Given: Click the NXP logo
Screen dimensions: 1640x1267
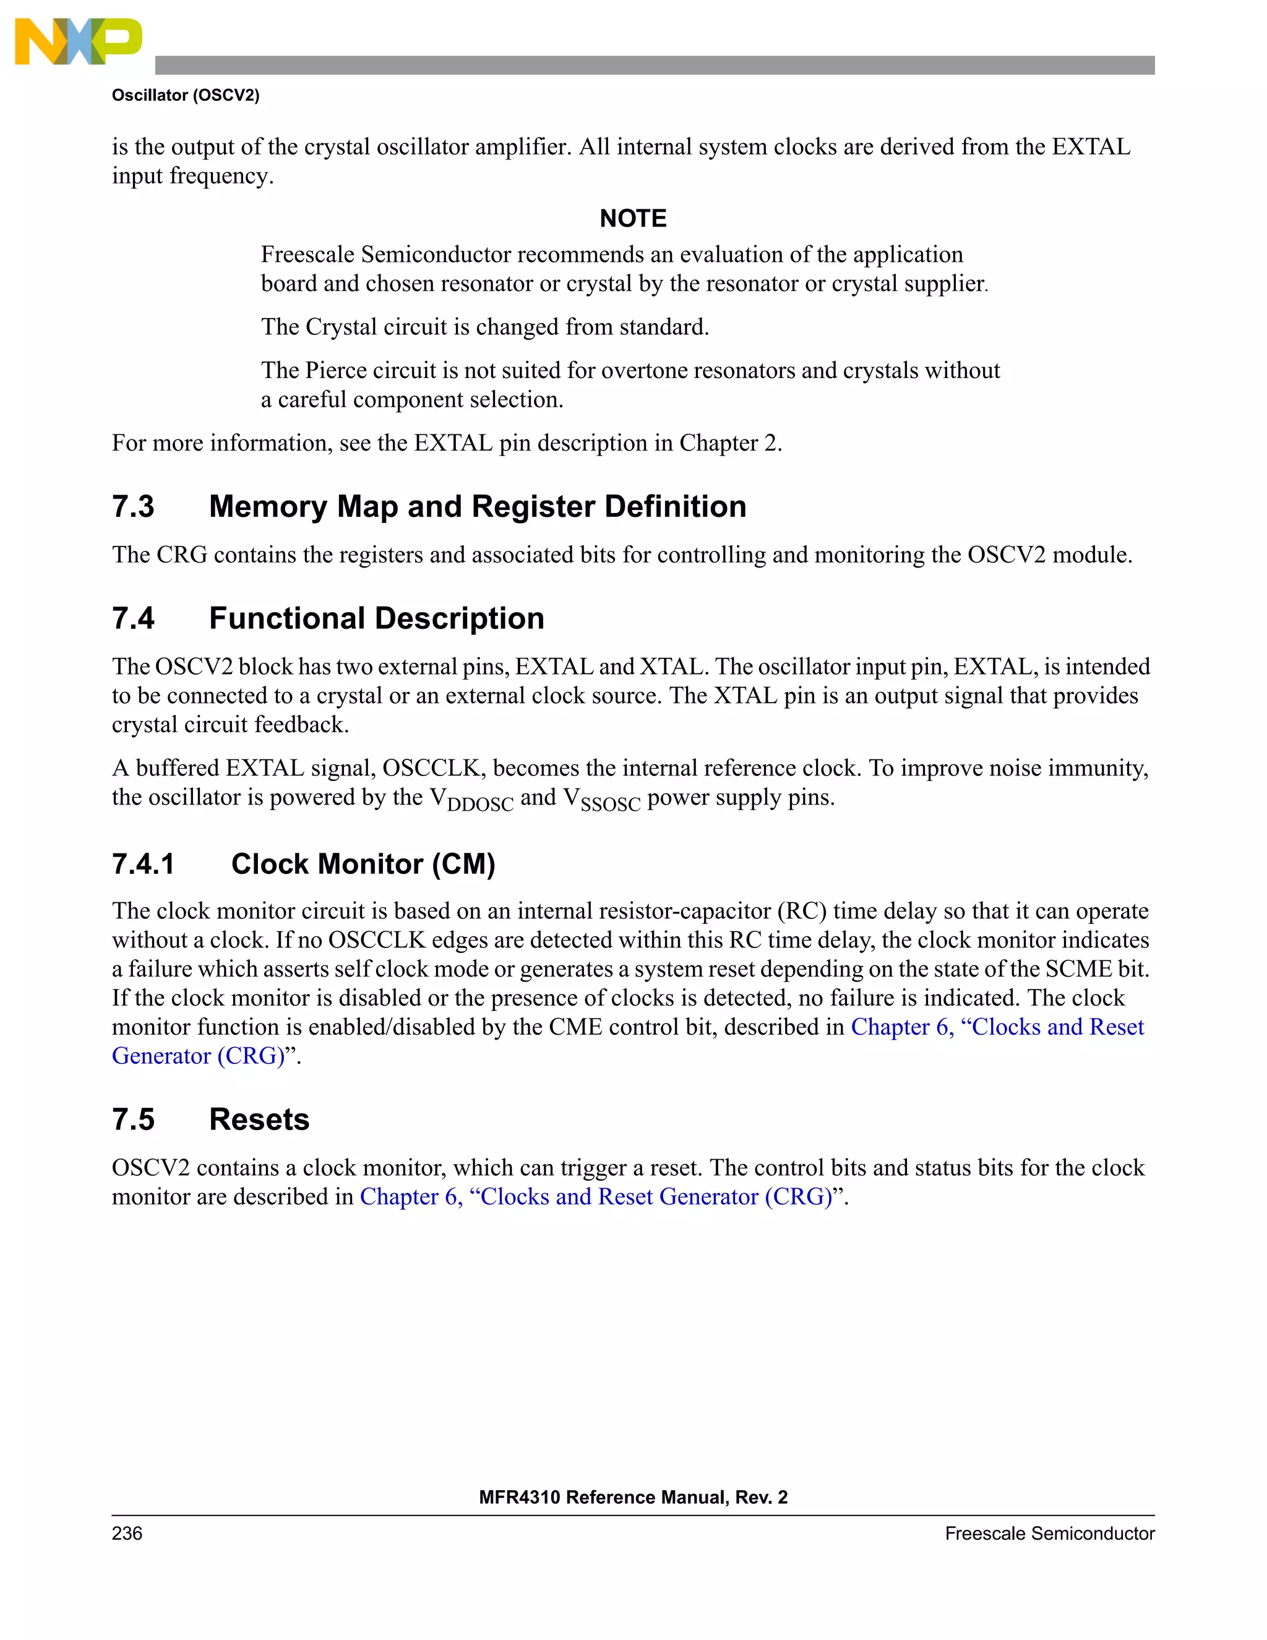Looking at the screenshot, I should tap(78, 42).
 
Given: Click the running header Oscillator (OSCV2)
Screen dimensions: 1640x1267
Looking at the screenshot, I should tap(186, 95).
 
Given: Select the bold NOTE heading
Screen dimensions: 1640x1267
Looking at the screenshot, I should tap(633, 218).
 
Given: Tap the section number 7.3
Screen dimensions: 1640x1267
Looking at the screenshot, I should tap(133, 507).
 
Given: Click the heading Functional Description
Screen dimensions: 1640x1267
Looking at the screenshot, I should tap(376, 619).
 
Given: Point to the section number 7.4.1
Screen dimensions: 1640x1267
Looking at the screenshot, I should tap(143, 865).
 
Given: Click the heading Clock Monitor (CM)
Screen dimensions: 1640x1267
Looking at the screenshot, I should tap(363, 865).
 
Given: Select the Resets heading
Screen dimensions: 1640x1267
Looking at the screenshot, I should tap(259, 1120).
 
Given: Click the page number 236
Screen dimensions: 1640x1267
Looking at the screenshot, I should tap(127, 1534).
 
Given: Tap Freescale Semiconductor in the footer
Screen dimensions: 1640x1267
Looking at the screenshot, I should tap(1049, 1534).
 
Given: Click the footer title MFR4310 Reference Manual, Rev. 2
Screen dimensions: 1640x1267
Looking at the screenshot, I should tap(633, 1497).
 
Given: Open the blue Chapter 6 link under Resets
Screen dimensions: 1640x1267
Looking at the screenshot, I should tap(596, 1197).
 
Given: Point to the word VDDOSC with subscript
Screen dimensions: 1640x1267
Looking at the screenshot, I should tap(471, 799).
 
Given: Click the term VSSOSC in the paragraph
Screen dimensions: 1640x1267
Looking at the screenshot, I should tap(601, 799).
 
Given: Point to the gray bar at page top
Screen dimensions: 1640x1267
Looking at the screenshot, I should tap(654, 66).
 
